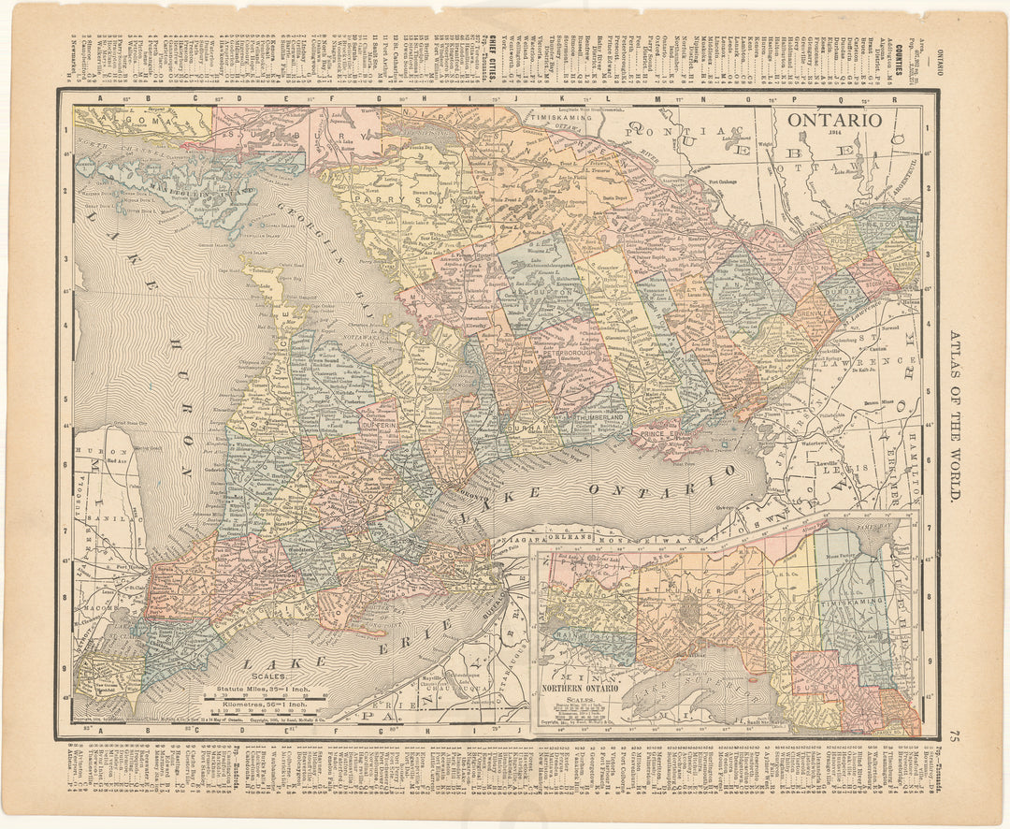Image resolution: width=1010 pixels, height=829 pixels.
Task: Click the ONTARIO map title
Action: pyautogui.click(x=833, y=120)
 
